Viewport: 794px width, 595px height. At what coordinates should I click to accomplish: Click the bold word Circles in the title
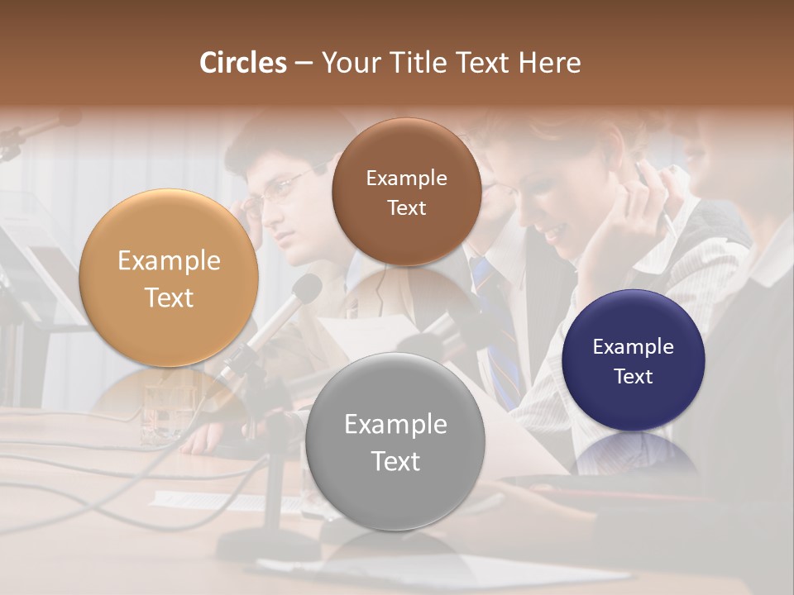[242, 63]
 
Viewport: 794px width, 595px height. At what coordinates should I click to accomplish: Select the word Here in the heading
[549, 63]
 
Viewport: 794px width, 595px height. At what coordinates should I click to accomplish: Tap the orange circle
[169, 278]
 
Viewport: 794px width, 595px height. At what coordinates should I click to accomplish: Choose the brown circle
[406, 192]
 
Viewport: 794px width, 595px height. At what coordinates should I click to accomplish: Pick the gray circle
[395, 441]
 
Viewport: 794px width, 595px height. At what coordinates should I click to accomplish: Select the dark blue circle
[633, 360]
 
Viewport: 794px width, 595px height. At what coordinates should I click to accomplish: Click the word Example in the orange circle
[169, 260]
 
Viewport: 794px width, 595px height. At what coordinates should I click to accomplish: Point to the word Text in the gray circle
[395, 461]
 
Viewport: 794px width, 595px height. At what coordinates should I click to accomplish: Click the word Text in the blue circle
[633, 377]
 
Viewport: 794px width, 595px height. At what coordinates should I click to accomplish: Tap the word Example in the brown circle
[406, 178]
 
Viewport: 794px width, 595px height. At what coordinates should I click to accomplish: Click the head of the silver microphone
[306, 289]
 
